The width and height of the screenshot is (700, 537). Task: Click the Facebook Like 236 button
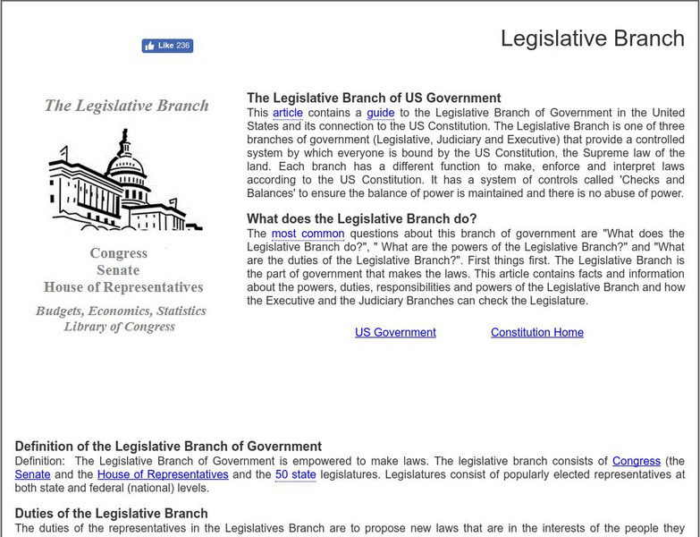pos(167,46)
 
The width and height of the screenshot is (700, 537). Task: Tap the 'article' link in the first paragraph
pos(288,113)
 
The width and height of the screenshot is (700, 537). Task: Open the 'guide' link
pos(380,113)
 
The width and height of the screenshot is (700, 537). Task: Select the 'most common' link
pos(308,234)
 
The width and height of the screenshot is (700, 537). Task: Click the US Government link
pos(395,332)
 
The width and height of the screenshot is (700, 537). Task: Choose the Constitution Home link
pos(536,332)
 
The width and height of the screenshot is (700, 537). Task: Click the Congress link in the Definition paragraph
pos(636,461)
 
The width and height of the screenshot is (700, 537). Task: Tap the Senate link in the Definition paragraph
pos(32,474)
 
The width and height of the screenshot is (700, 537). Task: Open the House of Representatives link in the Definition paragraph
pos(163,474)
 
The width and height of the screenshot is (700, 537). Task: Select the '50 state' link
pos(295,474)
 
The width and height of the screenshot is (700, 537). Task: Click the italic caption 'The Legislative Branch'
pos(126,106)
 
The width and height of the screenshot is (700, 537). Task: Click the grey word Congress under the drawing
pos(119,253)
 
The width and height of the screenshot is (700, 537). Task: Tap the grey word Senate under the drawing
pos(119,270)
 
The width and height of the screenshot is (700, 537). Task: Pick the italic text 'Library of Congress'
pos(120,327)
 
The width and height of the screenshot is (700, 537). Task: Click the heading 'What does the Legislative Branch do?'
pos(362,219)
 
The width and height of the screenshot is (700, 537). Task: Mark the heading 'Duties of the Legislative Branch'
pos(111,514)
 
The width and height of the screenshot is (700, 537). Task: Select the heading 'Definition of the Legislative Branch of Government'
pos(168,447)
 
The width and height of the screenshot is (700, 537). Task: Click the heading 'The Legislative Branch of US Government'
pos(374,98)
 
